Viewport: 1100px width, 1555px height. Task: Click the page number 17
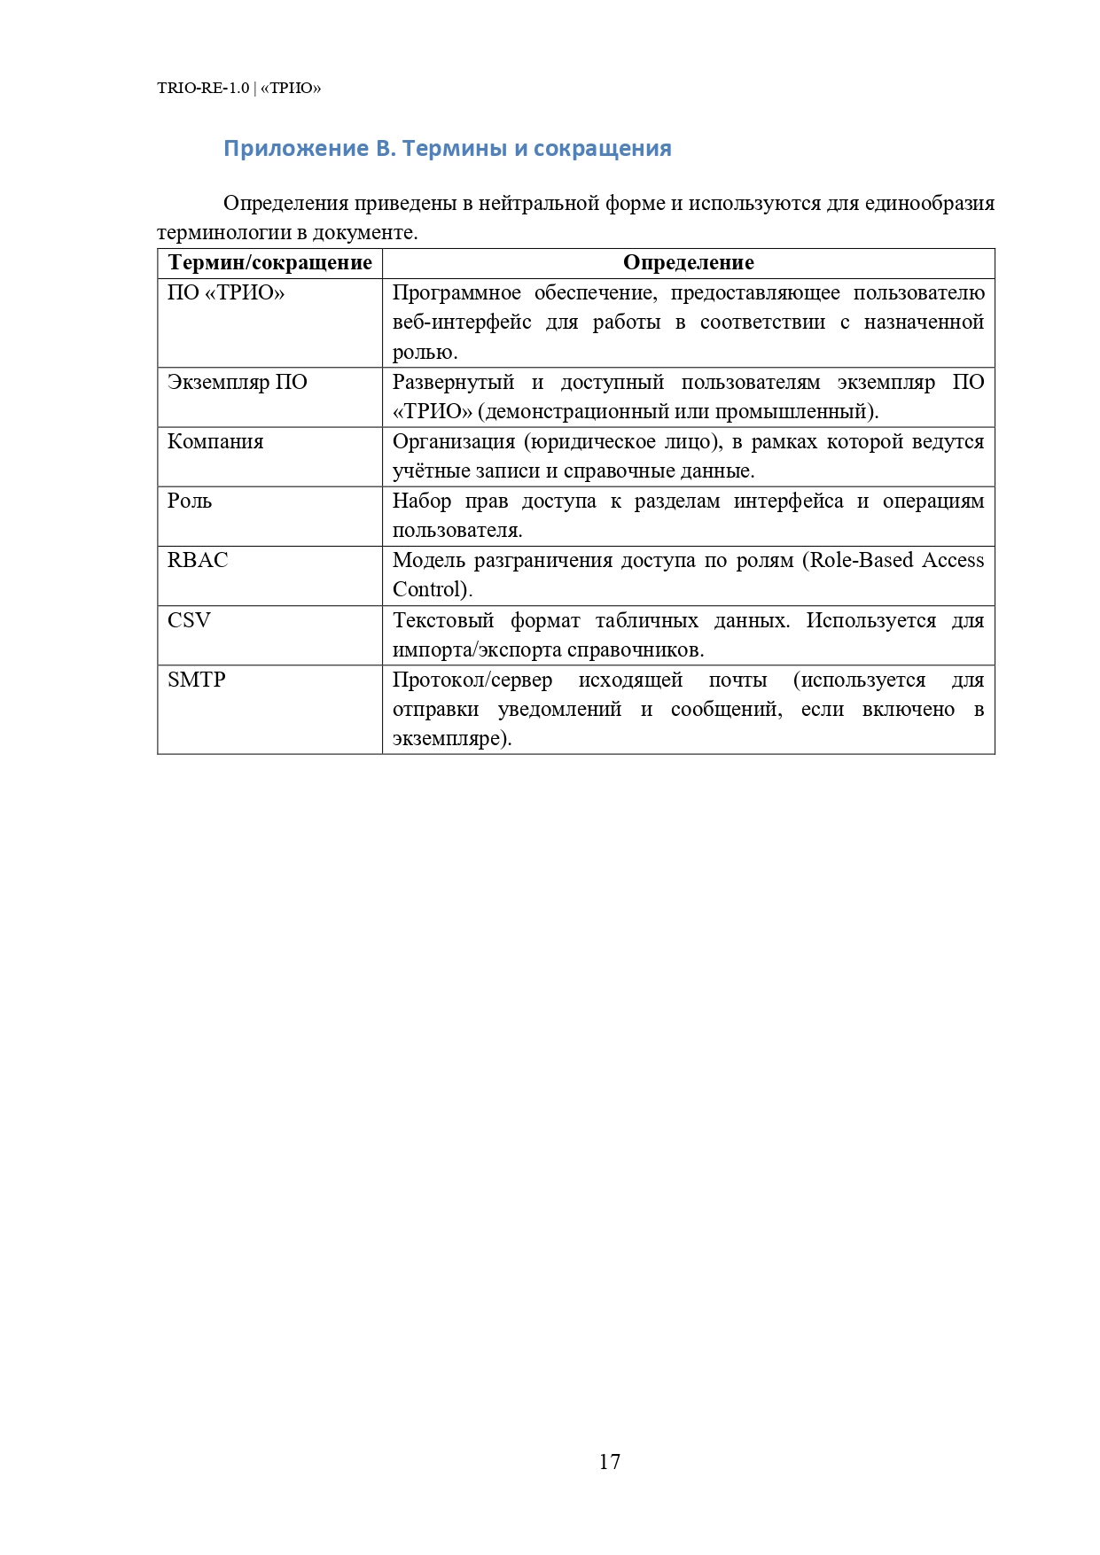(609, 1461)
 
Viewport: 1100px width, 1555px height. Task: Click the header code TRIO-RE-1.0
(203, 88)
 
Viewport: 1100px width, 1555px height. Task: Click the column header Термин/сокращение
(269, 263)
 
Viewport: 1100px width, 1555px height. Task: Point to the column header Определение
(688, 263)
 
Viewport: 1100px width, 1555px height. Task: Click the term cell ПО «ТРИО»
(226, 293)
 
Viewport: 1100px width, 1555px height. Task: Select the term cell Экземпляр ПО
(237, 382)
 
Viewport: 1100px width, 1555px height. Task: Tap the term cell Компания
(215, 441)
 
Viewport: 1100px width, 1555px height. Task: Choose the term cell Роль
(190, 501)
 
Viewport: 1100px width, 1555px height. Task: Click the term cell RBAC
(198, 560)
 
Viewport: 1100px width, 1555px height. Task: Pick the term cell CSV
(189, 620)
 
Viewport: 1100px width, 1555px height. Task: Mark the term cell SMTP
(197, 680)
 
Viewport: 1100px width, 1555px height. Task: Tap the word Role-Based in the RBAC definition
(862, 560)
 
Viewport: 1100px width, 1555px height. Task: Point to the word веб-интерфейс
(462, 323)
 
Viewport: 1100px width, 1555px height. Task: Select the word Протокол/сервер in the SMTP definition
(472, 680)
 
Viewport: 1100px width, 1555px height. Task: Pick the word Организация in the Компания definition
(453, 441)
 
